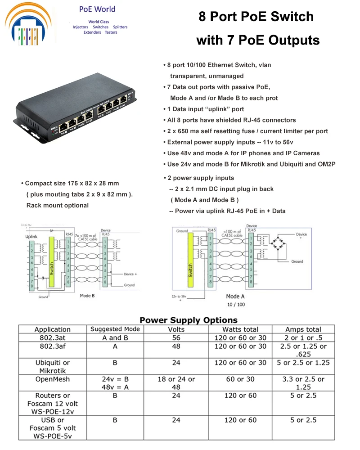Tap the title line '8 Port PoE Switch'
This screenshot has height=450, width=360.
(x=256, y=17)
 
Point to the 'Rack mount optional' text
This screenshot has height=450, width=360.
(x=58, y=205)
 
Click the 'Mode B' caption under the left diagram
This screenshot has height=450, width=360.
(x=87, y=296)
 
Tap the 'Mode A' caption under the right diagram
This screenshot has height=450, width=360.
(x=235, y=297)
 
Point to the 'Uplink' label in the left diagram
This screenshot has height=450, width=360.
(x=31, y=236)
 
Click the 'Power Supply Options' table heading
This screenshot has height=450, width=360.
(x=188, y=320)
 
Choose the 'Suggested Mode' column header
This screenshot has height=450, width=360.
(x=115, y=329)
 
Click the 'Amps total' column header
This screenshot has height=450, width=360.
(x=303, y=329)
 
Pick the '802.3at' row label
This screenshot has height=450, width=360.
(x=53, y=338)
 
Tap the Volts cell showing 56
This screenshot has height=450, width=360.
(x=176, y=338)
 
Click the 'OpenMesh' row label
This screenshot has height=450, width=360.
(x=53, y=379)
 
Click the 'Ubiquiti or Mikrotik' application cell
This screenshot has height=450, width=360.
(x=53, y=367)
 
